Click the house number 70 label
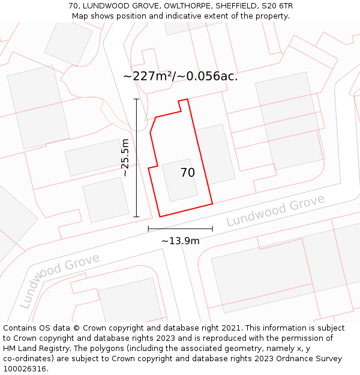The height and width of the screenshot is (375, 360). pyautogui.click(x=187, y=173)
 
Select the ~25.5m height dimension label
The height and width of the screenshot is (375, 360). pyautogui.click(x=125, y=157)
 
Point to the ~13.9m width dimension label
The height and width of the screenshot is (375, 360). pyautogui.click(x=180, y=241)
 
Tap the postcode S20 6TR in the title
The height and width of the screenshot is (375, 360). pyautogui.click(x=277, y=6)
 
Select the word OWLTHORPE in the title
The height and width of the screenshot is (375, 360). pyautogui.click(x=179, y=6)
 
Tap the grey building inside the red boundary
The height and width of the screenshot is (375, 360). pyautogui.click(x=179, y=179)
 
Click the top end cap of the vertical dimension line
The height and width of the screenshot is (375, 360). pyautogui.click(x=136, y=99)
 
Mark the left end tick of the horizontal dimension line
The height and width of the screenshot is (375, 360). pyautogui.click(x=148, y=229)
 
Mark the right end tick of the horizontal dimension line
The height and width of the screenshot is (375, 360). pyautogui.click(x=212, y=229)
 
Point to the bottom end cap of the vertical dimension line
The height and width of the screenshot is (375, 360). pyautogui.click(x=136, y=217)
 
